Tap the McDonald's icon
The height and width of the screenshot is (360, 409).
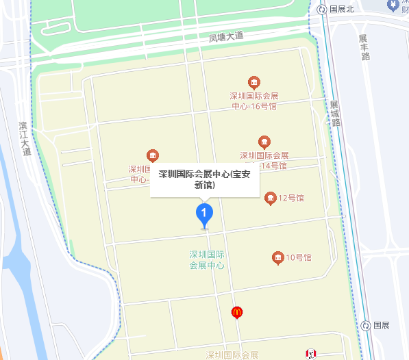(x=237, y=312)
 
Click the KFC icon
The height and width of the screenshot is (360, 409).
(x=310, y=354)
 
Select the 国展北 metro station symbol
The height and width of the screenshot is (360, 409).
(x=322, y=9)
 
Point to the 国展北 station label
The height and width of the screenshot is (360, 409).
(x=342, y=9)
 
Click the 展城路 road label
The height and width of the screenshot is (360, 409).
(x=335, y=114)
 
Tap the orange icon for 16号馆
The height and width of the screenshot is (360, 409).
(x=254, y=83)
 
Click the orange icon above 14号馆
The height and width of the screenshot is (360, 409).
(x=264, y=142)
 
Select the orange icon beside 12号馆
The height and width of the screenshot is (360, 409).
(x=271, y=198)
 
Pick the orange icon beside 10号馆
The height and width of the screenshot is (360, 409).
(x=277, y=257)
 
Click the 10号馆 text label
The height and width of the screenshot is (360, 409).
(x=299, y=257)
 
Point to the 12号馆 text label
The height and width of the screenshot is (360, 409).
(x=291, y=198)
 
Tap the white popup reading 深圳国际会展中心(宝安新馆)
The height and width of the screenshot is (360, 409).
(x=205, y=179)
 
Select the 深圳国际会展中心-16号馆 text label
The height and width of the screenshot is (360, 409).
(x=254, y=101)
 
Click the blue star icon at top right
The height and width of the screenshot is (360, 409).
(x=393, y=5)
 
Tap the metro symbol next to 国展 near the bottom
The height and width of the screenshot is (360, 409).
(x=367, y=326)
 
